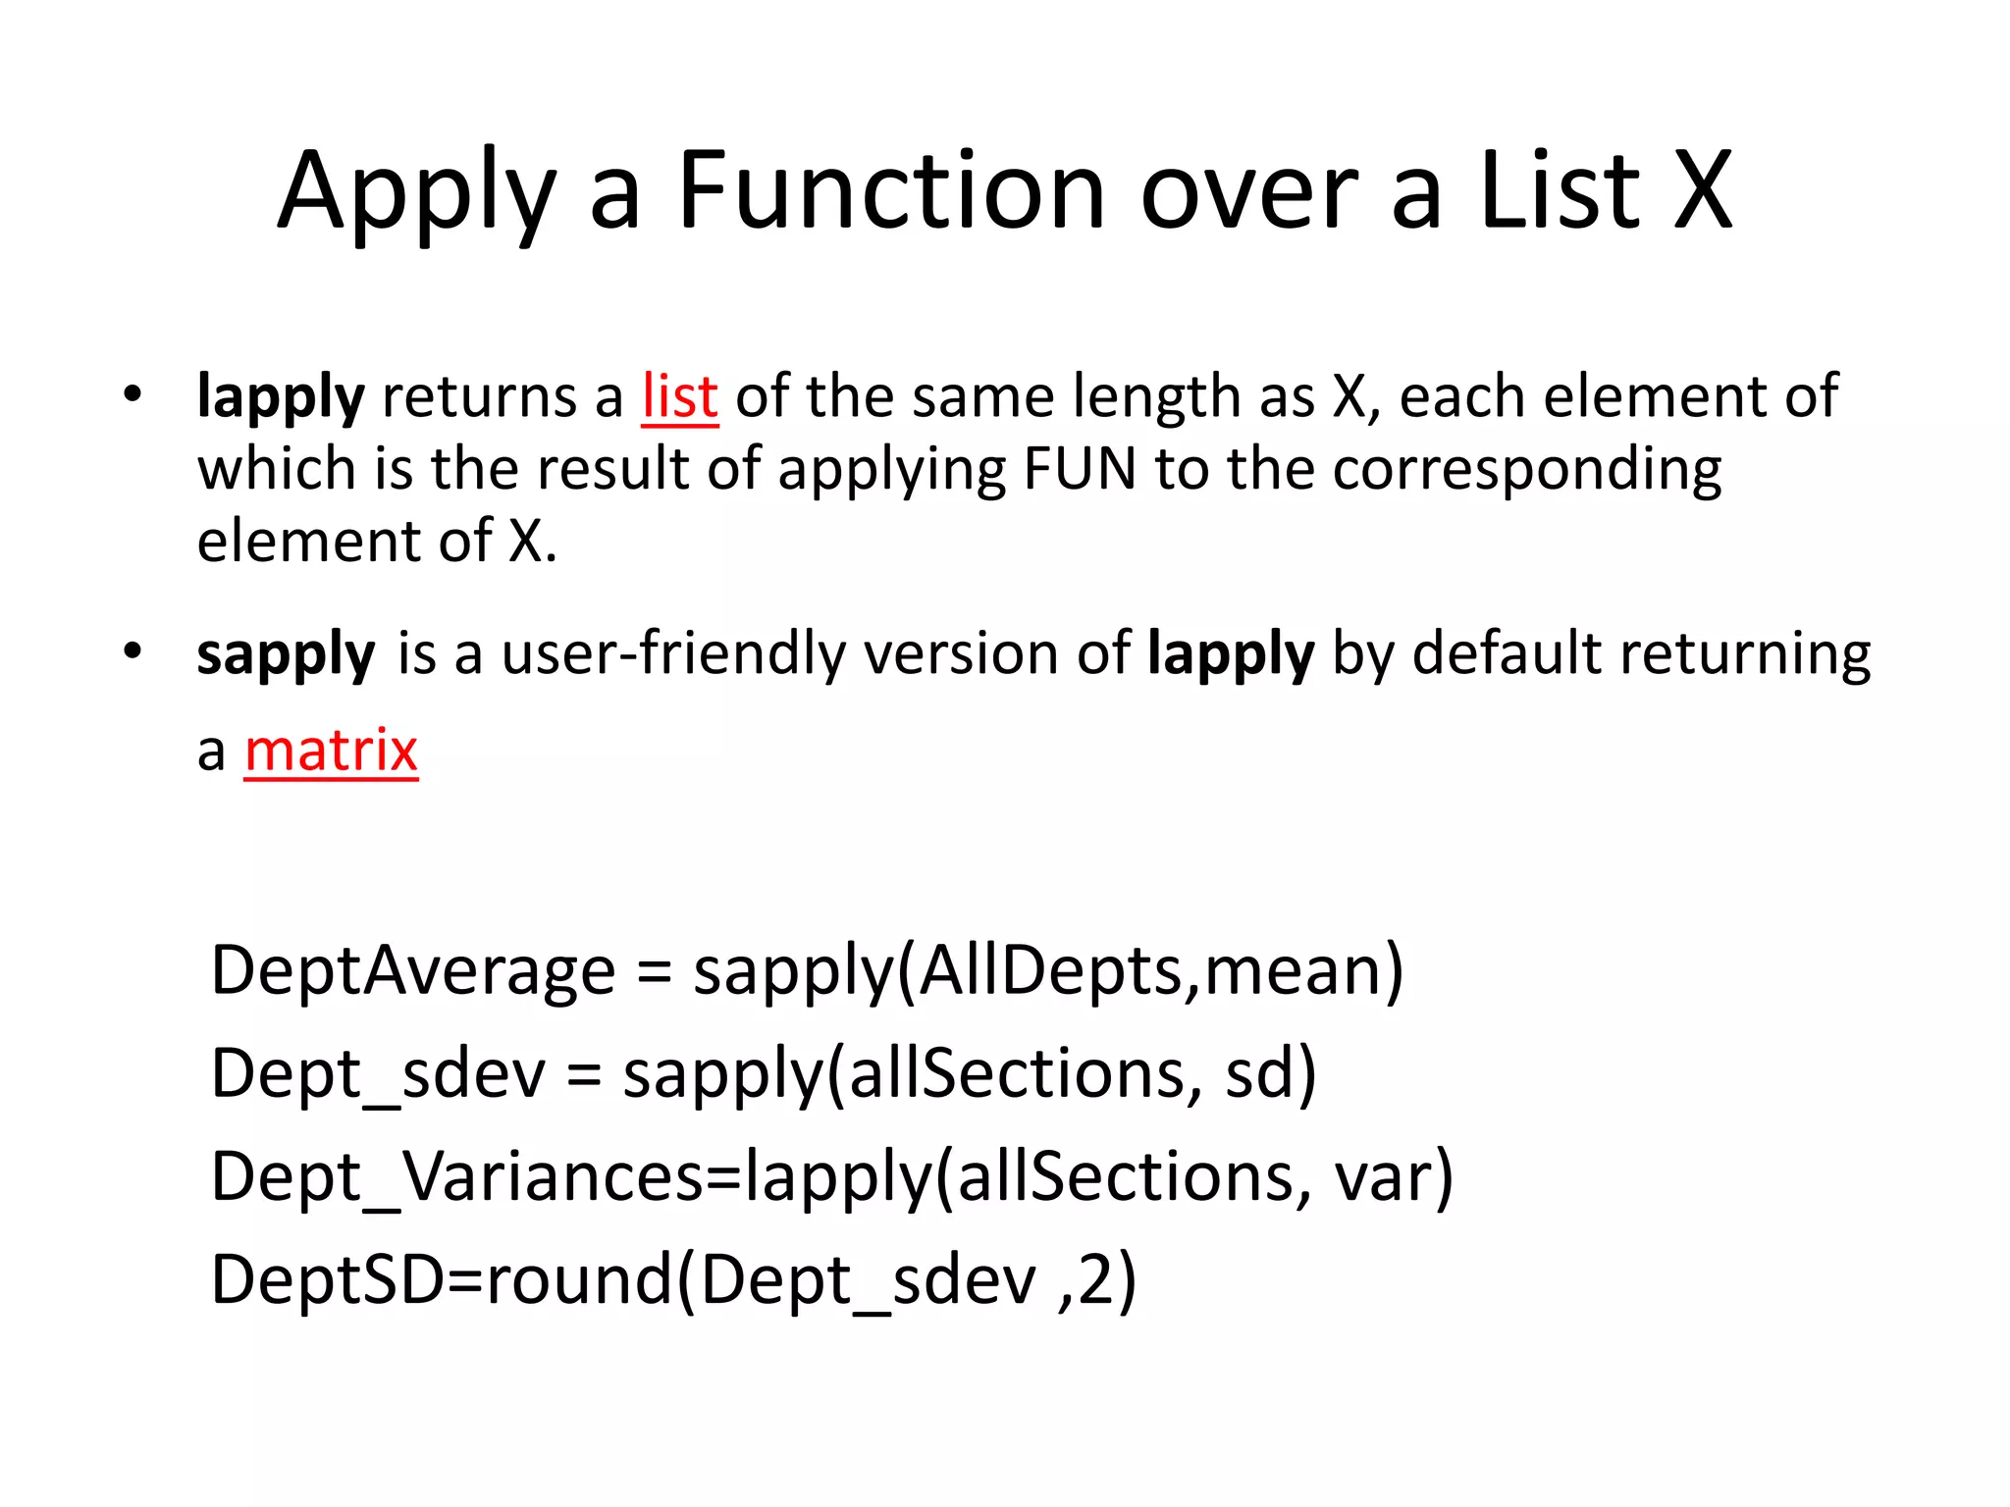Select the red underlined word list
click(x=679, y=396)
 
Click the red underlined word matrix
click(x=331, y=751)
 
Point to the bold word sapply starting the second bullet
click(x=286, y=654)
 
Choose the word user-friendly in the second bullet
click(x=673, y=652)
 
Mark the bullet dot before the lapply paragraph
click(x=132, y=394)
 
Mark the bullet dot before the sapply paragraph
click(x=132, y=650)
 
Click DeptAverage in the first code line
click(x=413, y=970)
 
